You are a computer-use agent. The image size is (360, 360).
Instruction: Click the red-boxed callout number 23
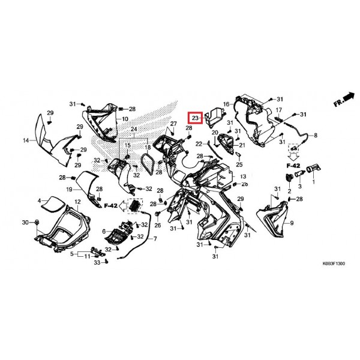click(195, 118)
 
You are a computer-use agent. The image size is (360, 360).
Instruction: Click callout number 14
click(26, 140)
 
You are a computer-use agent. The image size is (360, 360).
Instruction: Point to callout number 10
click(125, 119)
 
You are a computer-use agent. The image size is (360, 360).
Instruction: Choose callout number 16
click(226, 104)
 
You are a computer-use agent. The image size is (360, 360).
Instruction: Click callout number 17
click(278, 110)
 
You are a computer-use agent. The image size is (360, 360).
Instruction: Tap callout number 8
click(316, 136)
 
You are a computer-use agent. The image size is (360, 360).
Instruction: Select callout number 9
click(292, 223)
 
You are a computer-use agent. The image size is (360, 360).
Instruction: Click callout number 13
click(243, 176)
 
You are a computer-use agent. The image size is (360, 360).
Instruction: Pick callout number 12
click(77, 202)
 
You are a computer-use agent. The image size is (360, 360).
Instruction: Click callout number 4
click(39, 201)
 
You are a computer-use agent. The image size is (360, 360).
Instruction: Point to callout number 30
click(25, 222)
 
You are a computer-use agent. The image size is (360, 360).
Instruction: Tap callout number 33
click(97, 262)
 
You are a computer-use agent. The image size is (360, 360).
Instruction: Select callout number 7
click(155, 239)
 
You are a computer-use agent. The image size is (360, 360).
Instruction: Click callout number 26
click(157, 225)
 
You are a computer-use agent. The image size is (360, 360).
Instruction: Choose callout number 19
click(69, 190)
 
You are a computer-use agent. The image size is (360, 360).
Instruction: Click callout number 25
click(239, 164)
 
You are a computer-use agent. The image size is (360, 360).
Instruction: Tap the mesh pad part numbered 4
click(53, 204)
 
